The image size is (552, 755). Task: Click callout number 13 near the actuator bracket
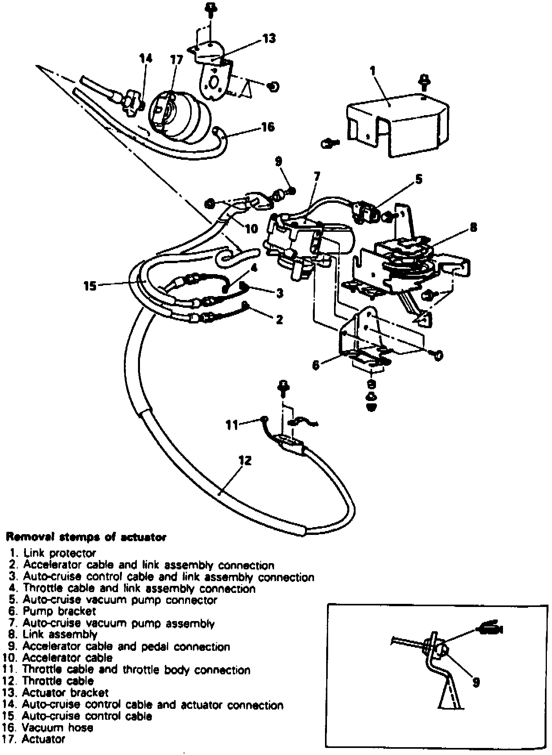click(x=269, y=38)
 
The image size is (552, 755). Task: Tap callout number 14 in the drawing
click(x=145, y=58)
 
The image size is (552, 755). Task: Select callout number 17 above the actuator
click(x=176, y=60)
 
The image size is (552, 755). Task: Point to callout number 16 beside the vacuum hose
click(x=268, y=127)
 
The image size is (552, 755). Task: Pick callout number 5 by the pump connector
click(x=418, y=179)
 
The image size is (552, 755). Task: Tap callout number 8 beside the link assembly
click(x=473, y=227)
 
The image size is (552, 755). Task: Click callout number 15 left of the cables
click(x=90, y=286)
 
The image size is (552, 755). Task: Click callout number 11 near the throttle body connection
click(x=232, y=424)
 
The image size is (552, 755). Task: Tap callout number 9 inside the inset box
click(x=476, y=682)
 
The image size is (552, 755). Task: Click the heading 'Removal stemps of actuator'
click(x=85, y=537)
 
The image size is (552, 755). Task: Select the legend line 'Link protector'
click(x=59, y=553)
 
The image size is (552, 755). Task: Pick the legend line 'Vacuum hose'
click(x=57, y=728)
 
